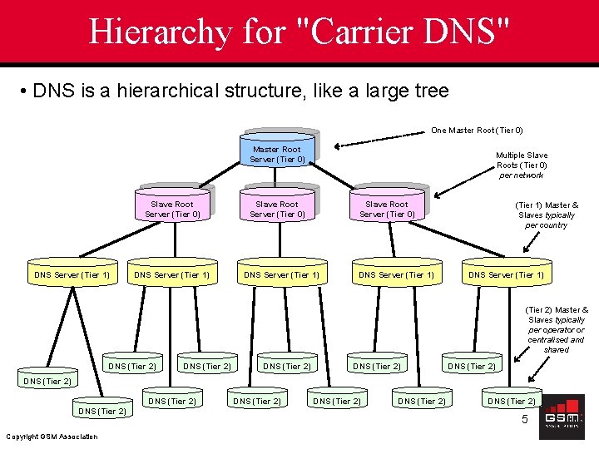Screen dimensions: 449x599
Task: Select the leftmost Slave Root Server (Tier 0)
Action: tap(172, 207)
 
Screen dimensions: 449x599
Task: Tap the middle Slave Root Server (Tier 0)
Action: tap(277, 207)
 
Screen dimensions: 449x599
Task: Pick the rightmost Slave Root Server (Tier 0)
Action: tap(387, 207)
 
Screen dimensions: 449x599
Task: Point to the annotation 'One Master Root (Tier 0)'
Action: tap(477, 131)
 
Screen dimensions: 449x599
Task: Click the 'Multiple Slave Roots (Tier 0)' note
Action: tap(522, 165)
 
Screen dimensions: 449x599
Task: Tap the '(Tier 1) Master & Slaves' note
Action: tap(547, 215)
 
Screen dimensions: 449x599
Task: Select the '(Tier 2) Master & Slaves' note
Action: tap(557, 329)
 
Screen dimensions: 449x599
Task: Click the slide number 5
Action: tap(525, 420)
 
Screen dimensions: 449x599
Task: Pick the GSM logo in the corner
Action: tap(562, 416)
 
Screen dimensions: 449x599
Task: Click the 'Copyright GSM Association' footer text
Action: tap(51, 437)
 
